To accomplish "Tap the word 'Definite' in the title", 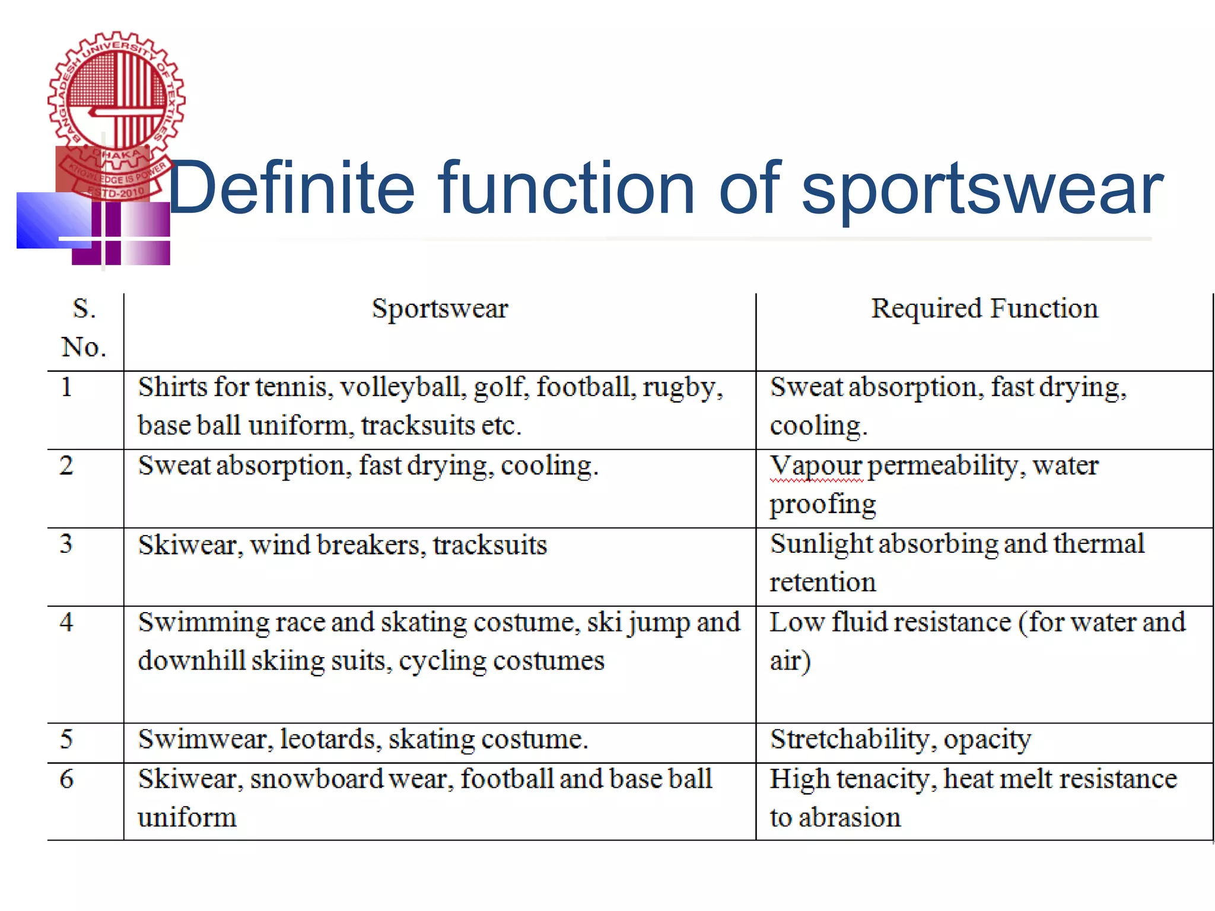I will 291,189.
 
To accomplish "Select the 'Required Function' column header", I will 984,309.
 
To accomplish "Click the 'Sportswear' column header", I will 440,309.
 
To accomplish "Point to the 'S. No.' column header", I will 84,328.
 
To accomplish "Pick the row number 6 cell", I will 66,779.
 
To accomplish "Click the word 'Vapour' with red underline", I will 816,466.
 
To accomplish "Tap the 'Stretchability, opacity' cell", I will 900,740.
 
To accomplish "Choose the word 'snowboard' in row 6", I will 316,779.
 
